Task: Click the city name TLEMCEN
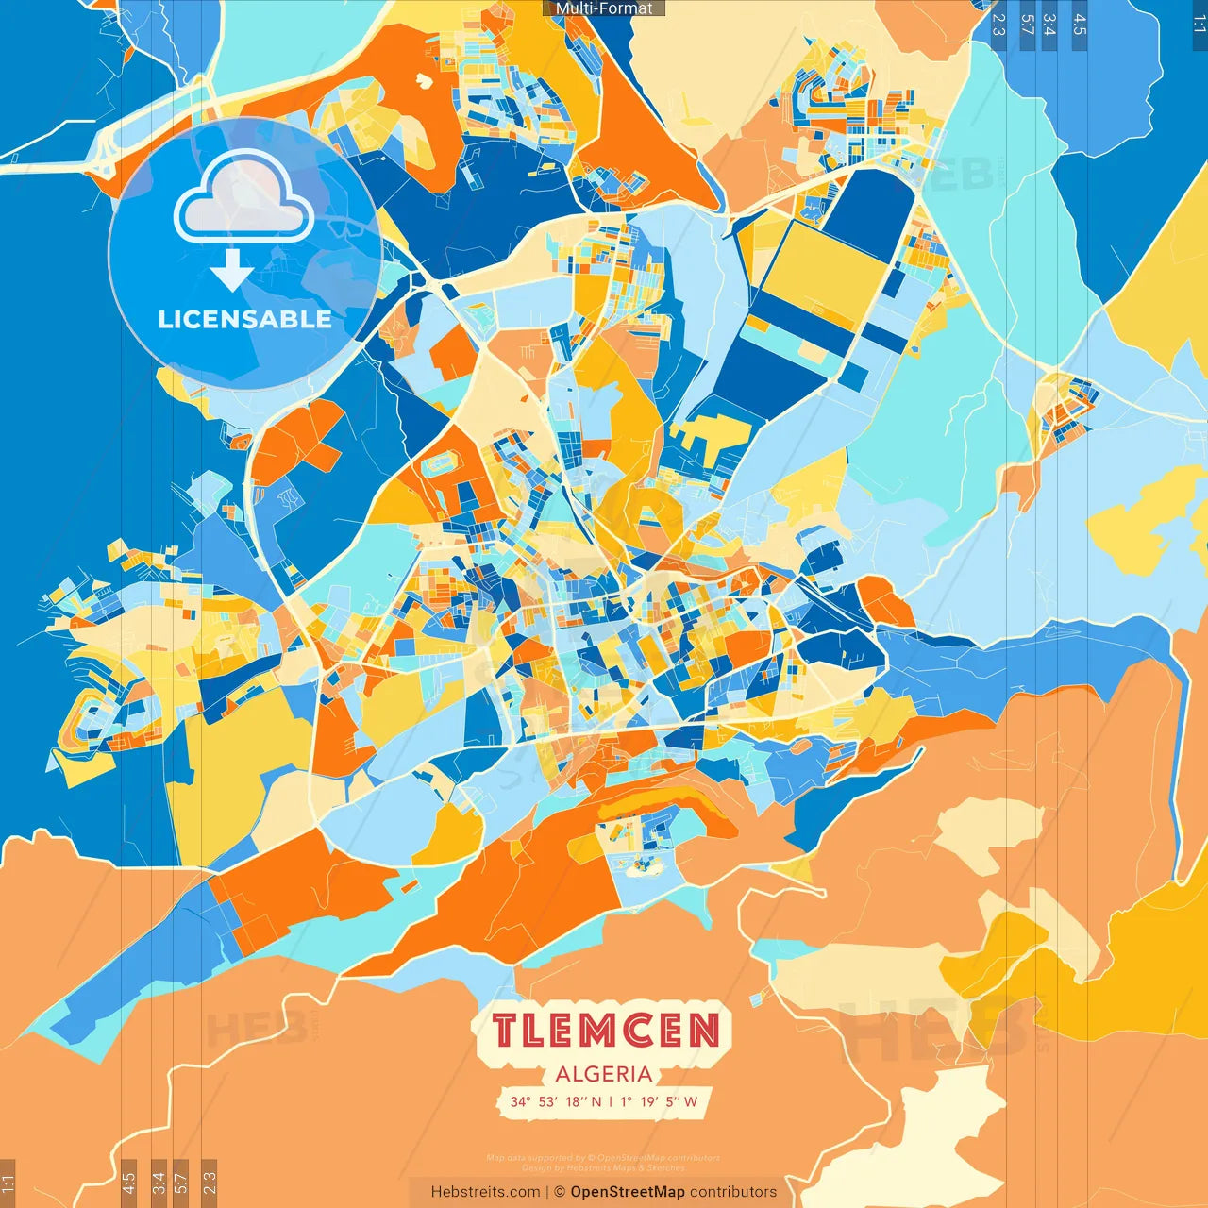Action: point(604,1031)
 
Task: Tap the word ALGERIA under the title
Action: point(604,1074)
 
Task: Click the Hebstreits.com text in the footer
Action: point(485,1192)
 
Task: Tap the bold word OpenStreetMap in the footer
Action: point(627,1192)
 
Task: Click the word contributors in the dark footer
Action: point(733,1192)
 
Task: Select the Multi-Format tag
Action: point(604,8)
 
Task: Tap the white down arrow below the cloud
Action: point(232,270)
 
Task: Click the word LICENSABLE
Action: point(244,319)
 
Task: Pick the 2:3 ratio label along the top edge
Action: point(998,25)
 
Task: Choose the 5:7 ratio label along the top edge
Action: point(1027,25)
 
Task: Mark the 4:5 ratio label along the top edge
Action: point(1080,25)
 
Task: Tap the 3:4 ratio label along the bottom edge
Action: point(158,1183)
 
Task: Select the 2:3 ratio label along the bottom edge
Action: point(210,1183)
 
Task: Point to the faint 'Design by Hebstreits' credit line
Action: point(603,1167)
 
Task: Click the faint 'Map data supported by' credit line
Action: point(603,1158)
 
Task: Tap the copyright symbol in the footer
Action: point(559,1192)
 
